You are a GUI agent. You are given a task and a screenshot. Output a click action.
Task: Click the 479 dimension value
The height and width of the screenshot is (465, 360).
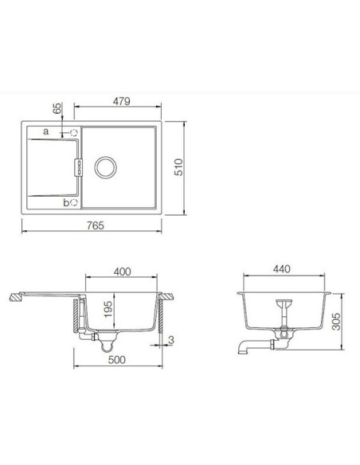tap(119, 101)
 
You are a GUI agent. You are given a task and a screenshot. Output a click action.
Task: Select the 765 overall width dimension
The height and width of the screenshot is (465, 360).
tap(96, 225)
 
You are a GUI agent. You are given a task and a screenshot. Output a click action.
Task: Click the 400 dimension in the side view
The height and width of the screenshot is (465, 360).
tap(122, 272)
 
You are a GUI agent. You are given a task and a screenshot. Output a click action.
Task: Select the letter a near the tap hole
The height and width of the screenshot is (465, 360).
tap(45, 131)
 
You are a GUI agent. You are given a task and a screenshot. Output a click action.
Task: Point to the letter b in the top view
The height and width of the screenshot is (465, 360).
tap(65, 202)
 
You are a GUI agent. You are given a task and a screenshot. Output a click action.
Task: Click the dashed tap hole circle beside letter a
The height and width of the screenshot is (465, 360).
tap(74, 131)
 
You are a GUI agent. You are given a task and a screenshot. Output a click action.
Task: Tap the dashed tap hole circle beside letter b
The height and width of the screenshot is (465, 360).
tap(74, 202)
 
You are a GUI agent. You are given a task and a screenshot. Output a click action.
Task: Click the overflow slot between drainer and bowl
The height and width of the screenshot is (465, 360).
tap(79, 166)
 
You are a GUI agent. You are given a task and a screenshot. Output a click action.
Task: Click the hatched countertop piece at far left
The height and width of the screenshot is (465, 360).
tap(14, 299)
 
